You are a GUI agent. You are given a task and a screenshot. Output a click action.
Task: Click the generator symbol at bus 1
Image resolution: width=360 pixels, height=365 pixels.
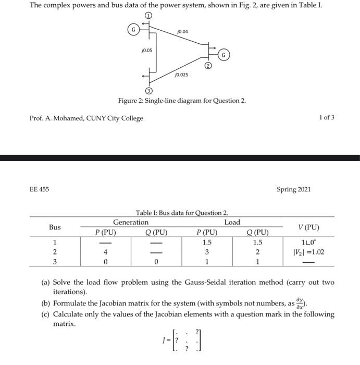pyautogui.click(x=134, y=30)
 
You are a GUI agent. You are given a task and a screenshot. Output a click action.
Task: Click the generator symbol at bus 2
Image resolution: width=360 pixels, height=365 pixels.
pyautogui.click(x=223, y=54)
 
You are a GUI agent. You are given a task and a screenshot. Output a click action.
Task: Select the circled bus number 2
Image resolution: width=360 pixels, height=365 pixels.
pyautogui.click(x=207, y=66)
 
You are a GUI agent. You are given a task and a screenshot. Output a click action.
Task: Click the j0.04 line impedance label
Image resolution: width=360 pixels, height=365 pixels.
pyautogui.click(x=182, y=32)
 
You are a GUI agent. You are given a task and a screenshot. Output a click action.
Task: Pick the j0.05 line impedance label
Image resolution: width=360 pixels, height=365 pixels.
pyautogui.click(x=146, y=51)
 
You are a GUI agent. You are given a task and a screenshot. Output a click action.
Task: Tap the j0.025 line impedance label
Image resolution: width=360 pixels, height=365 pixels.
pyautogui.click(x=181, y=75)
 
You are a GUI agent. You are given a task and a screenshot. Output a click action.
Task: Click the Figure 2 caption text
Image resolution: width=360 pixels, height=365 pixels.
pyautogui.click(x=181, y=101)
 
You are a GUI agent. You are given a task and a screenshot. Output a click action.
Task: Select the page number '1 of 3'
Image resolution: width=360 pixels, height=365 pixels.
pyautogui.click(x=326, y=118)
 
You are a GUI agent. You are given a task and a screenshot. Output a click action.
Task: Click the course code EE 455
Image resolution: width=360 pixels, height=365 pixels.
pyautogui.click(x=39, y=189)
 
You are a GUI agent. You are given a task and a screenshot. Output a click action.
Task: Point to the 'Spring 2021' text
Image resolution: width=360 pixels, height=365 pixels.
pyautogui.click(x=293, y=189)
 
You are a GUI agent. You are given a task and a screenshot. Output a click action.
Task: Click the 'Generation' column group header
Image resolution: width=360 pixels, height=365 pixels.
pyautogui.click(x=131, y=222)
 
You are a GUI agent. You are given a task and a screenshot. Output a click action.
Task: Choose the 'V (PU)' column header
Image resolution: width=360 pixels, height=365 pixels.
pyautogui.click(x=308, y=227)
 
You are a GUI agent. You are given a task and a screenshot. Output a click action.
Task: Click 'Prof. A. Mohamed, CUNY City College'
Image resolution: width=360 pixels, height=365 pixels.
pyautogui.click(x=86, y=118)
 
